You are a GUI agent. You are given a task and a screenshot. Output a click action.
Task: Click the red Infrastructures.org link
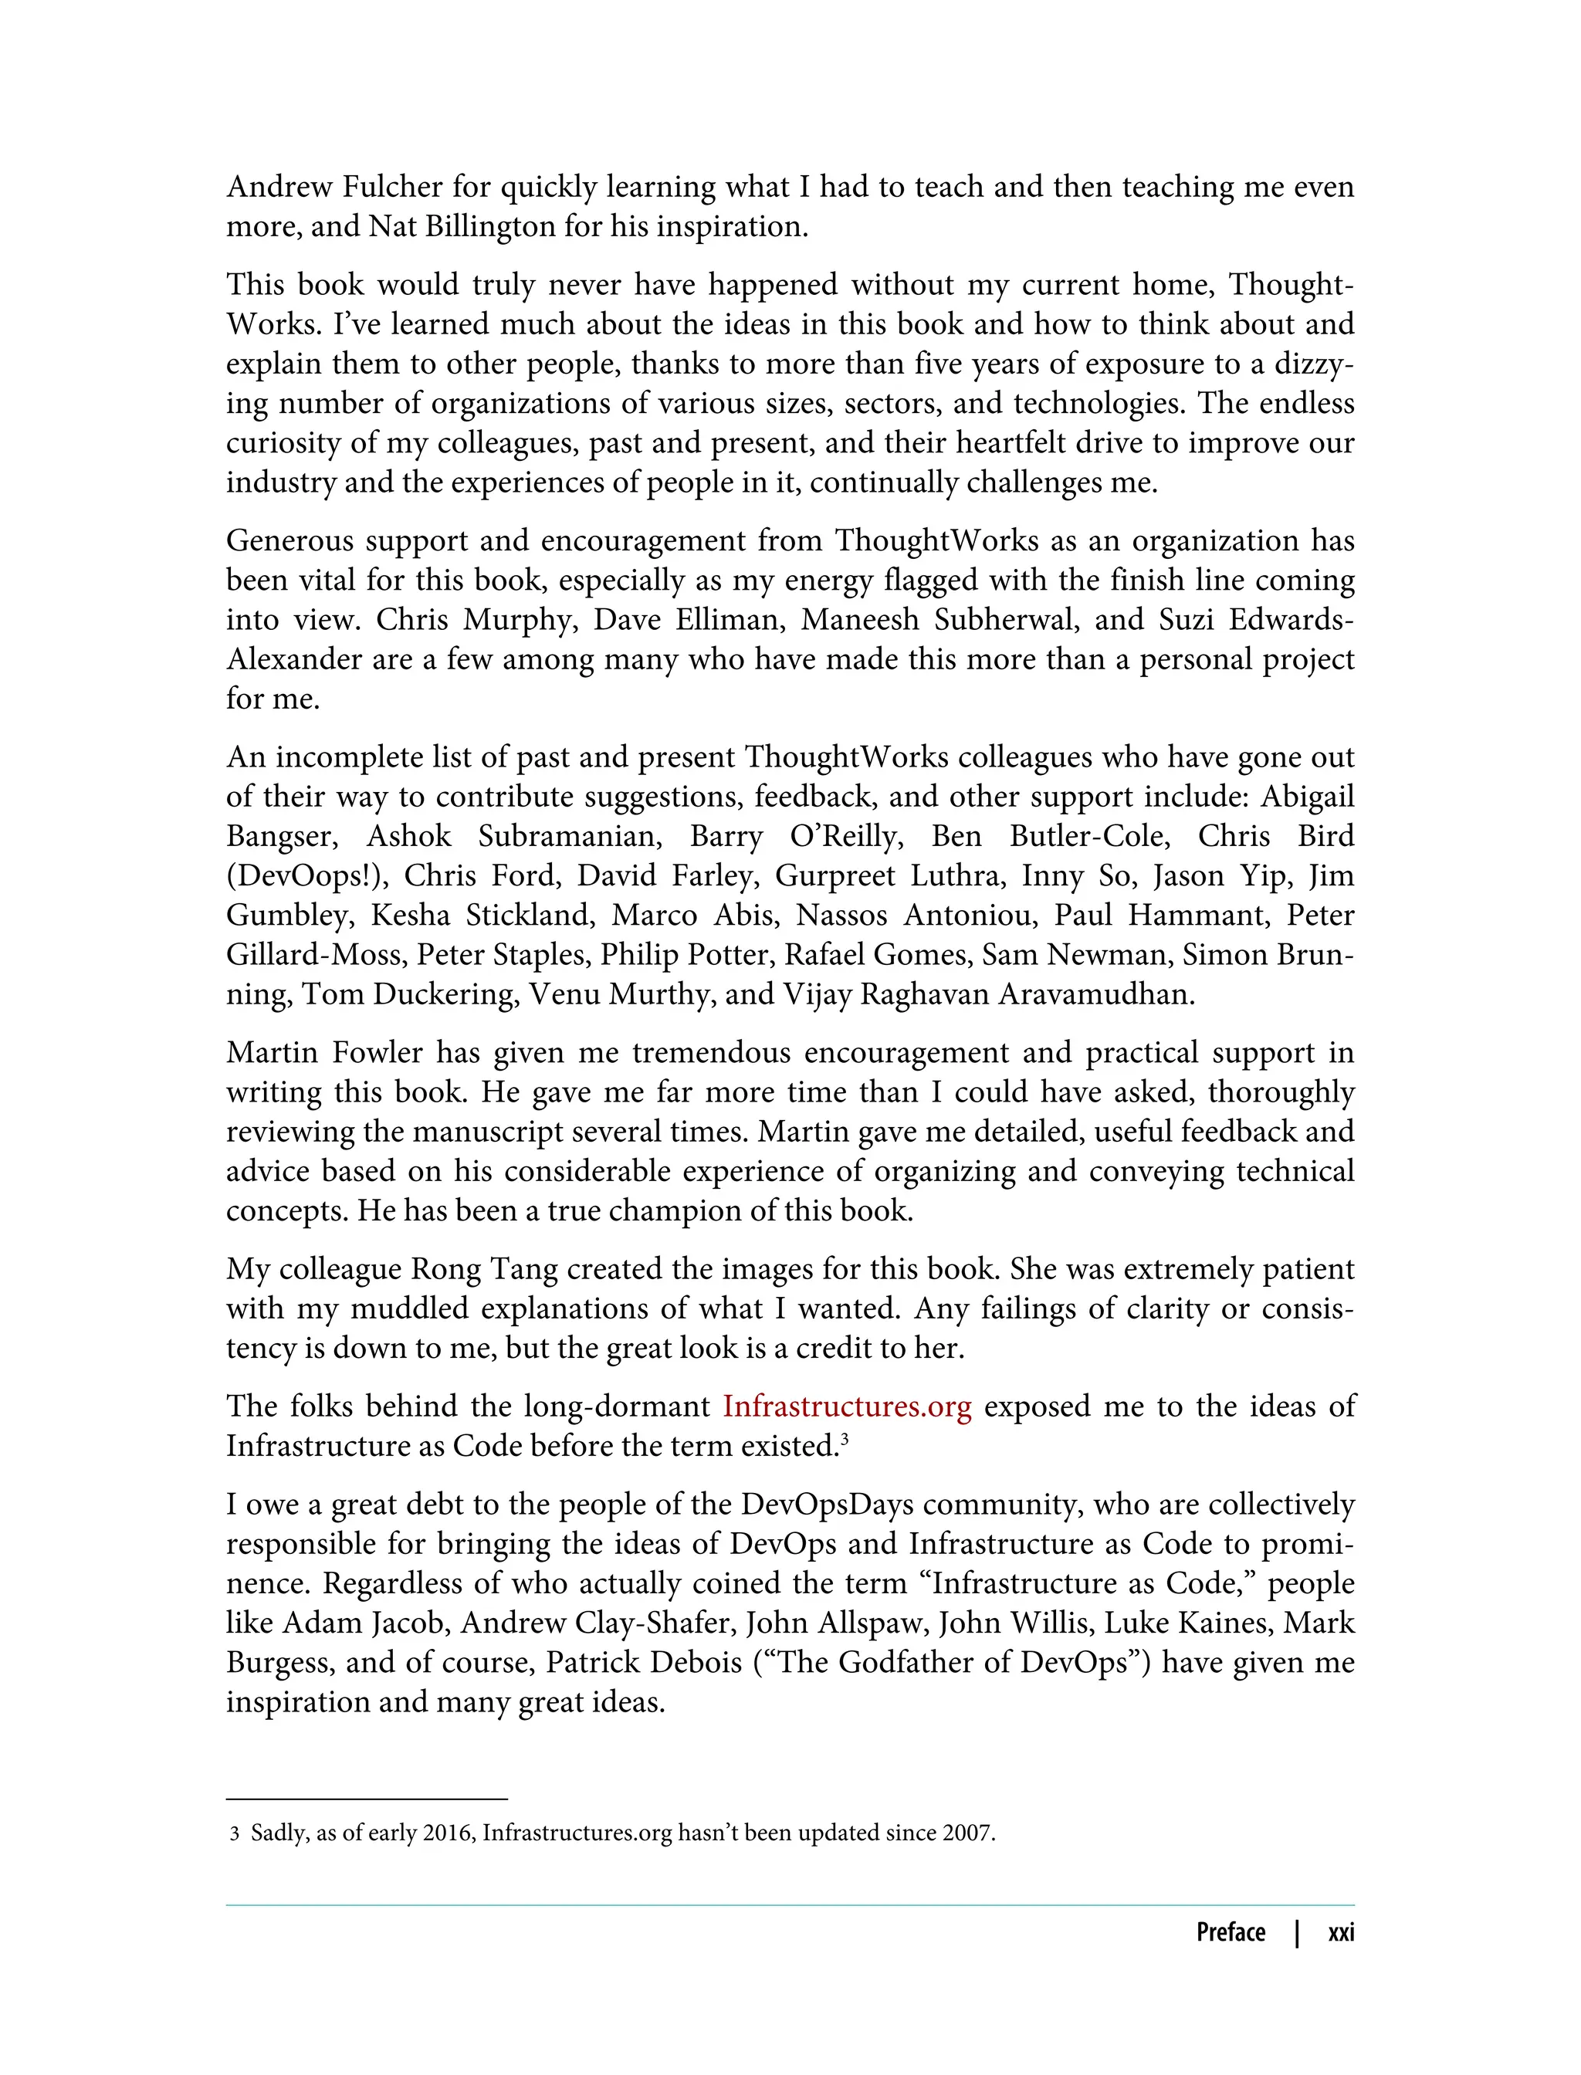[x=846, y=1406]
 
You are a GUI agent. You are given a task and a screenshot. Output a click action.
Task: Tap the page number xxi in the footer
[x=1340, y=1932]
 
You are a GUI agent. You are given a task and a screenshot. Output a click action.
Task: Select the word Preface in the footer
[x=1230, y=1932]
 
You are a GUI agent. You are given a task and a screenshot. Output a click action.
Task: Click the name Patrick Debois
[x=644, y=1663]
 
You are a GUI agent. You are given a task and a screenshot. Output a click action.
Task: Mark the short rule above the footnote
[x=367, y=1799]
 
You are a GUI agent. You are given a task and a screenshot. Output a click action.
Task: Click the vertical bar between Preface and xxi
[x=1297, y=1932]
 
